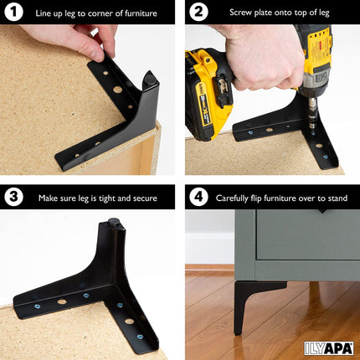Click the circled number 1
point(14,12)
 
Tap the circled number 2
point(198,12)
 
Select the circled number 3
point(14,197)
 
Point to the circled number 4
point(198,197)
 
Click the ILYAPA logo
point(328,348)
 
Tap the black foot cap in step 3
point(114,224)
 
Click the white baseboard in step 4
point(209,249)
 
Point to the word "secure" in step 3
point(145,198)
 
